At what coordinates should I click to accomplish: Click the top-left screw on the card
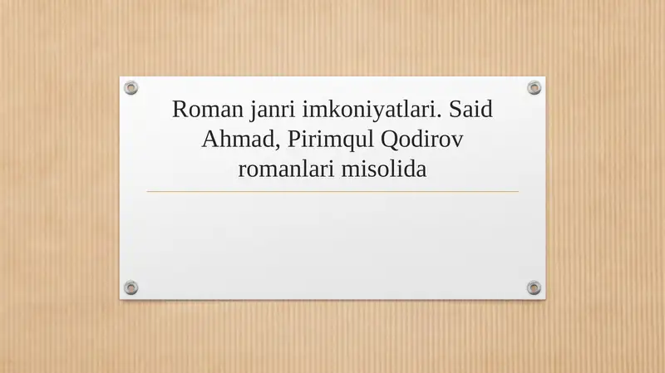click(131, 87)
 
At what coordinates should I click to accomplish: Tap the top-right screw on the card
click(534, 87)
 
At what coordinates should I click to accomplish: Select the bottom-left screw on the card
click(131, 287)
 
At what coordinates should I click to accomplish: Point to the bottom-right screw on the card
click(534, 287)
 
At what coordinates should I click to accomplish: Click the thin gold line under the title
click(332, 192)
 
